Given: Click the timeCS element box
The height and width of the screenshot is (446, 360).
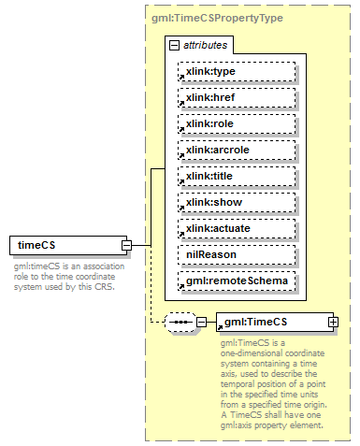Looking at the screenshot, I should pos(66,246).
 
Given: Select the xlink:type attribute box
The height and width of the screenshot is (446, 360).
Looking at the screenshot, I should pos(237,71).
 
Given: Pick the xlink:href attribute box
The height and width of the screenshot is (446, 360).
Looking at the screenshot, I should pos(237,97).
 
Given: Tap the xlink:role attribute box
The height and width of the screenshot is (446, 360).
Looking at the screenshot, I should pos(237,123).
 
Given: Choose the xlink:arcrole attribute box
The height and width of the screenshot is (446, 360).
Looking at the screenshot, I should pos(237,150).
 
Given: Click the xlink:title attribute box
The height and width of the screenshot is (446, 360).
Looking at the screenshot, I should pos(237,176).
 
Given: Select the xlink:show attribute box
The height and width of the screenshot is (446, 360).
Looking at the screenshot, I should pos(237,202).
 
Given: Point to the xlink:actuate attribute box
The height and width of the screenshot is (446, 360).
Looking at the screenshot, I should pos(237,228).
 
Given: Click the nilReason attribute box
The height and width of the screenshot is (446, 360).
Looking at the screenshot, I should pos(237,254).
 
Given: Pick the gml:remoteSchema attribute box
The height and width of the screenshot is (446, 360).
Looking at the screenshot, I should pos(237,281).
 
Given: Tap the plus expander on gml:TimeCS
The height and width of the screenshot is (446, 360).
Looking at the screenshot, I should pos(333,322).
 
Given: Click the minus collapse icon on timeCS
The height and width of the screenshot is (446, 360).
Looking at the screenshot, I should pos(126,246).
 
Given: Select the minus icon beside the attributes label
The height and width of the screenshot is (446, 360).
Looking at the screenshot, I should pos(174,45).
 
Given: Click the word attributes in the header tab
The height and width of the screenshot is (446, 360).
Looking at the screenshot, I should pos(203,45).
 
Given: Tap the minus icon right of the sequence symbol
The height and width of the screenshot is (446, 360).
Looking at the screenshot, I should pos(200,322).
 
